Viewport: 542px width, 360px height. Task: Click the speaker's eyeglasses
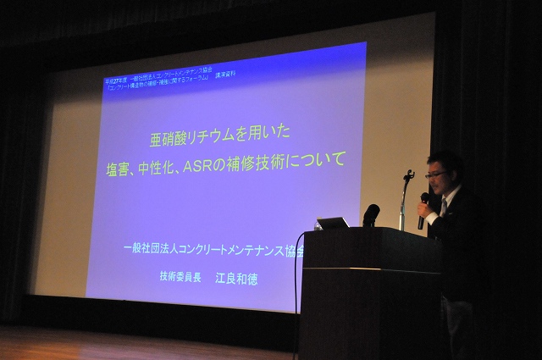click(x=437, y=174)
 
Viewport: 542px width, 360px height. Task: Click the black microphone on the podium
click(x=371, y=214)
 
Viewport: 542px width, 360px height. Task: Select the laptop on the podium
click(x=333, y=223)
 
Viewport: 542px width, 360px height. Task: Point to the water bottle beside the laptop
click(x=318, y=225)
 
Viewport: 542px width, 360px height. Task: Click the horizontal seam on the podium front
click(x=369, y=270)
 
